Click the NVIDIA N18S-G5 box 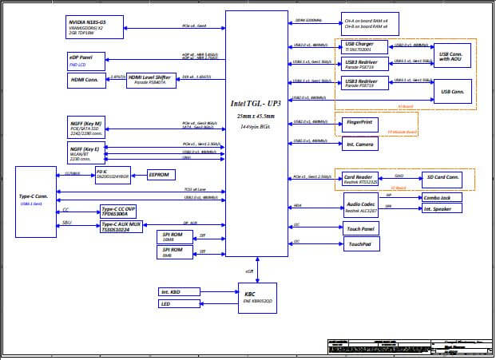coord(97,26)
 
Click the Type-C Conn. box coord(36,202)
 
